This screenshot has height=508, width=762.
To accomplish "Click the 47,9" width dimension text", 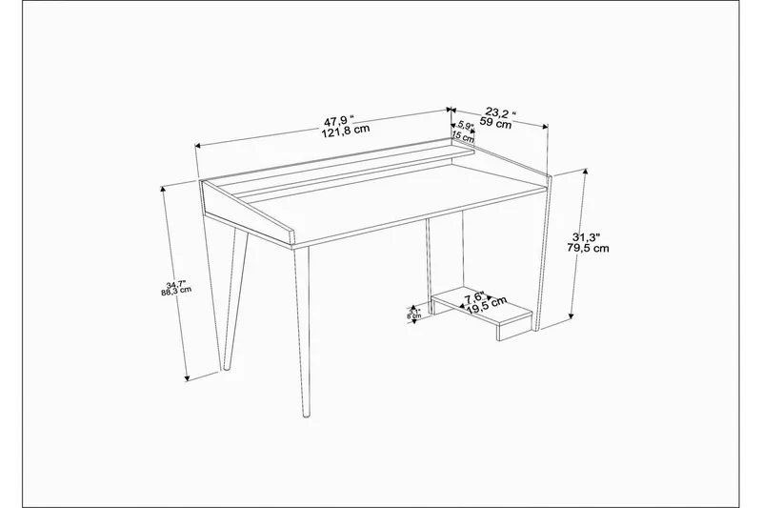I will [338, 120].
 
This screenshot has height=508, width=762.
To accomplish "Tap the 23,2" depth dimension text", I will [499, 112].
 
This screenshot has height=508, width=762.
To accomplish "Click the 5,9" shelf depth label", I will [466, 126].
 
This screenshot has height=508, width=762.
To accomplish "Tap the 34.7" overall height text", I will [174, 284].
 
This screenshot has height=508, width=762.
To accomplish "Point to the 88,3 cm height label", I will [175, 293].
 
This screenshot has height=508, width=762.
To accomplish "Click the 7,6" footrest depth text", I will [473, 296].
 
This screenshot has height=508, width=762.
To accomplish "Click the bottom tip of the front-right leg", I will [307, 417].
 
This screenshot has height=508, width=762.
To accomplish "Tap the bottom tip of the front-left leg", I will [227, 368].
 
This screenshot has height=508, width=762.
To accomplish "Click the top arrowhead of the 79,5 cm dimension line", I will [582, 173].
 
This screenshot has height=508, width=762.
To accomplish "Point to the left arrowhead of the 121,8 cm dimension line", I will [198, 146].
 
